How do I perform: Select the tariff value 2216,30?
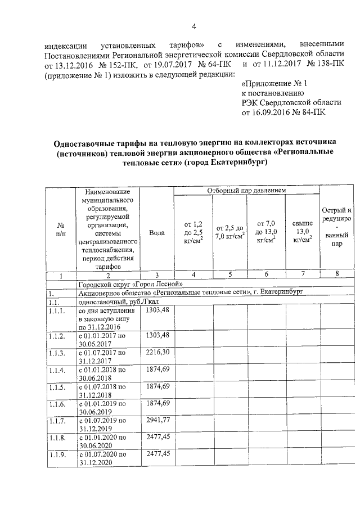coord(157,352)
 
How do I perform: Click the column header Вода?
coord(157,232)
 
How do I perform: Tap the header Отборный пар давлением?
coord(246,191)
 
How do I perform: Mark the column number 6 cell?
coord(265,274)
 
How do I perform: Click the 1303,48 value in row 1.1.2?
coord(157,335)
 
